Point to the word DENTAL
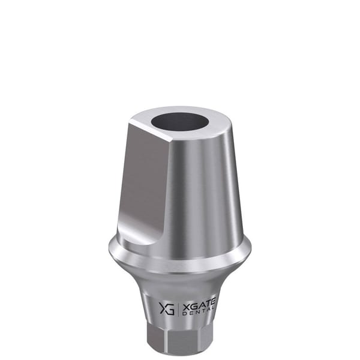click(199, 313)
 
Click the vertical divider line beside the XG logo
click(178, 308)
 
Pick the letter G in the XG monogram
click(171, 309)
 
